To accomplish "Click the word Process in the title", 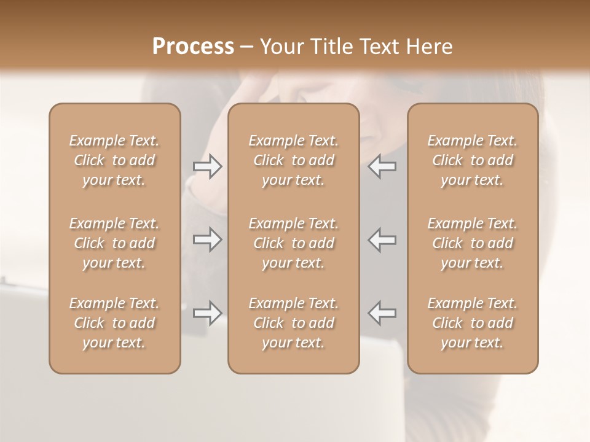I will click(x=193, y=47).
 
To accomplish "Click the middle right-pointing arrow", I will click(x=208, y=240).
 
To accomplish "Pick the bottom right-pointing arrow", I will click(x=208, y=313).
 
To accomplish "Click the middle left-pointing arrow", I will click(x=382, y=240).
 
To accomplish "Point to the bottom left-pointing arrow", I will click(x=382, y=313).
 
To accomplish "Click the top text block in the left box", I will click(x=114, y=160).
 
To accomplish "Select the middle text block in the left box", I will click(x=114, y=243).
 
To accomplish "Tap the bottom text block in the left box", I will click(x=114, y=323).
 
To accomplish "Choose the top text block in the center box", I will click(x=294, y=160).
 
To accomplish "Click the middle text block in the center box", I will click(x=294, y=243).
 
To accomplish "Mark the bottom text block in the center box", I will click(x=294, y=323).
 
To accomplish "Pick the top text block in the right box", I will click(x=473, y=160).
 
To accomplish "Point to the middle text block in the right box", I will click(x=473, y=243).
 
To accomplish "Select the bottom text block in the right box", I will click(x=473, y=323).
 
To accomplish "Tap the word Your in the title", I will click(x=280, y=47).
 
